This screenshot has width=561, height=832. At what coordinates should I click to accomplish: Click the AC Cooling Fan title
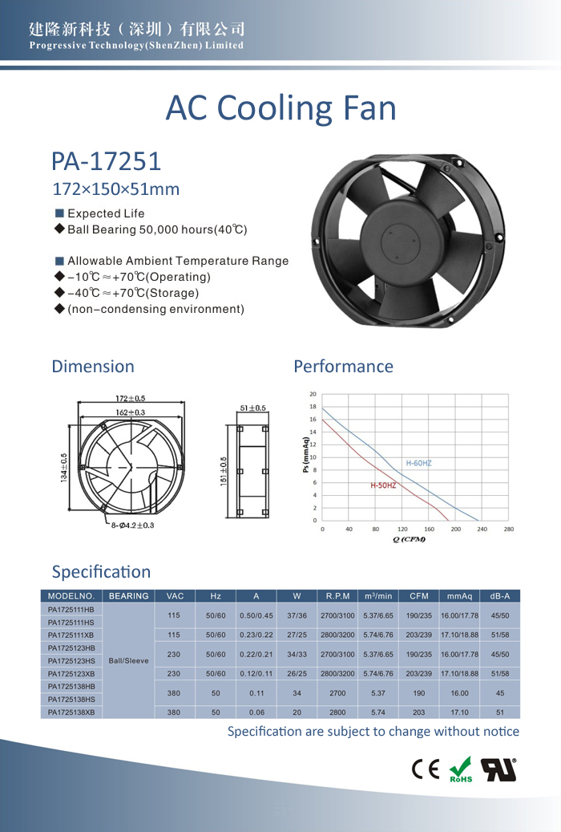click(280, 108)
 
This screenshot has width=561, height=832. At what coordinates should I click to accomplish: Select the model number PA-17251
click(107, 161)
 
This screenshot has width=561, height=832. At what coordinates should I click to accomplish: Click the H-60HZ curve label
click(418, 463)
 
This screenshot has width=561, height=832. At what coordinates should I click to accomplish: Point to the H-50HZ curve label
click(383, 486)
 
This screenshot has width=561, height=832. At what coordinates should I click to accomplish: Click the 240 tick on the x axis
click(482, 530)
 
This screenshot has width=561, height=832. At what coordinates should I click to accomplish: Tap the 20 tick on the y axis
click(313, 394)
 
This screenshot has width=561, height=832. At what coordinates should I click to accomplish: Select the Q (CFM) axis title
click(409, 539)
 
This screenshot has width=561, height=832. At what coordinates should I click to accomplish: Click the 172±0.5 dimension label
click(130, 399)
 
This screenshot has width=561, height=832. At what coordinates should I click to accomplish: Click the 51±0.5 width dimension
click(252, 408)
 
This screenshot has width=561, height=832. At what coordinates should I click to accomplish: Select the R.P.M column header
click(338, 596)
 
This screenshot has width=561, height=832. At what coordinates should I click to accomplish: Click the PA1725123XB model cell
click(71, 673)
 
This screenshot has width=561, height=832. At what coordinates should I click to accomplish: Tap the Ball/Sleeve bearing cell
click(128, 660)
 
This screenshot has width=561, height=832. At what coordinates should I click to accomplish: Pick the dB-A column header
click(500, 596)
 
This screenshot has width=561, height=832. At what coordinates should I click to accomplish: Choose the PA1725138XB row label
click(71, 712)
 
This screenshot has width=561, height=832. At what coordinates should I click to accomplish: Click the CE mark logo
click(426, 769)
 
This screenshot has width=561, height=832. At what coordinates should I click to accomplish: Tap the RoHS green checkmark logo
click(461, 769)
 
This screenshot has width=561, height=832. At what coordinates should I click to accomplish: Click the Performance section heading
click(343, 367)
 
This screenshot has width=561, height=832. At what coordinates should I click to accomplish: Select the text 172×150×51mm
click(115, 190)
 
